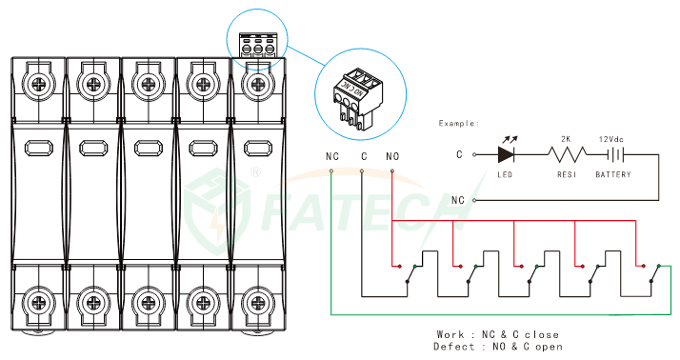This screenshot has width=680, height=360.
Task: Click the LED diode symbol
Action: coord(506,154)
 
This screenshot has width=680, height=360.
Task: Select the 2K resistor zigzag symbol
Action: coord(568,154)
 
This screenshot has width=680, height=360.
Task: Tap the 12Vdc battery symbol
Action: coord(615,154)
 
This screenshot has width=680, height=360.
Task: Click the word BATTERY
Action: coord(613,174)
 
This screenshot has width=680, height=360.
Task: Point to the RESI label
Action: coord(567,174)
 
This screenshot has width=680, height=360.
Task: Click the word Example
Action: coord(458,123)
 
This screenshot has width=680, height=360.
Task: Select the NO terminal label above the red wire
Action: coord(392,156)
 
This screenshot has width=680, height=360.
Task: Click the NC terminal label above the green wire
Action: coord(332,156)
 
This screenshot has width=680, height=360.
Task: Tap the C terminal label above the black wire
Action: coord(364,156)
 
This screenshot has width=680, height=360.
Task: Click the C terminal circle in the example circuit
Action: coord(474,154)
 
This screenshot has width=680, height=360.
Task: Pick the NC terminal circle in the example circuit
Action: coord(474,200)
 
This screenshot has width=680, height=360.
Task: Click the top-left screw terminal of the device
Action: coord(39,83)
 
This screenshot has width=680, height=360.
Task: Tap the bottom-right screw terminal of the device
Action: coord(257,302)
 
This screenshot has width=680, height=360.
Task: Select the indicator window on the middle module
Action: coord(149,149)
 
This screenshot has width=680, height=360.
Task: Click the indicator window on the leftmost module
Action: coord(39,149)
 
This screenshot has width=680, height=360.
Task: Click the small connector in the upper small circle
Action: coord(258,45)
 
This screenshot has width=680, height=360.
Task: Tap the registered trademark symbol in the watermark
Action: coord(256,172)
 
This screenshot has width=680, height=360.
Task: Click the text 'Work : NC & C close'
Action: coord(497,334)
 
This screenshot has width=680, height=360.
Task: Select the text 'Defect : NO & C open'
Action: coord(497,347)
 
